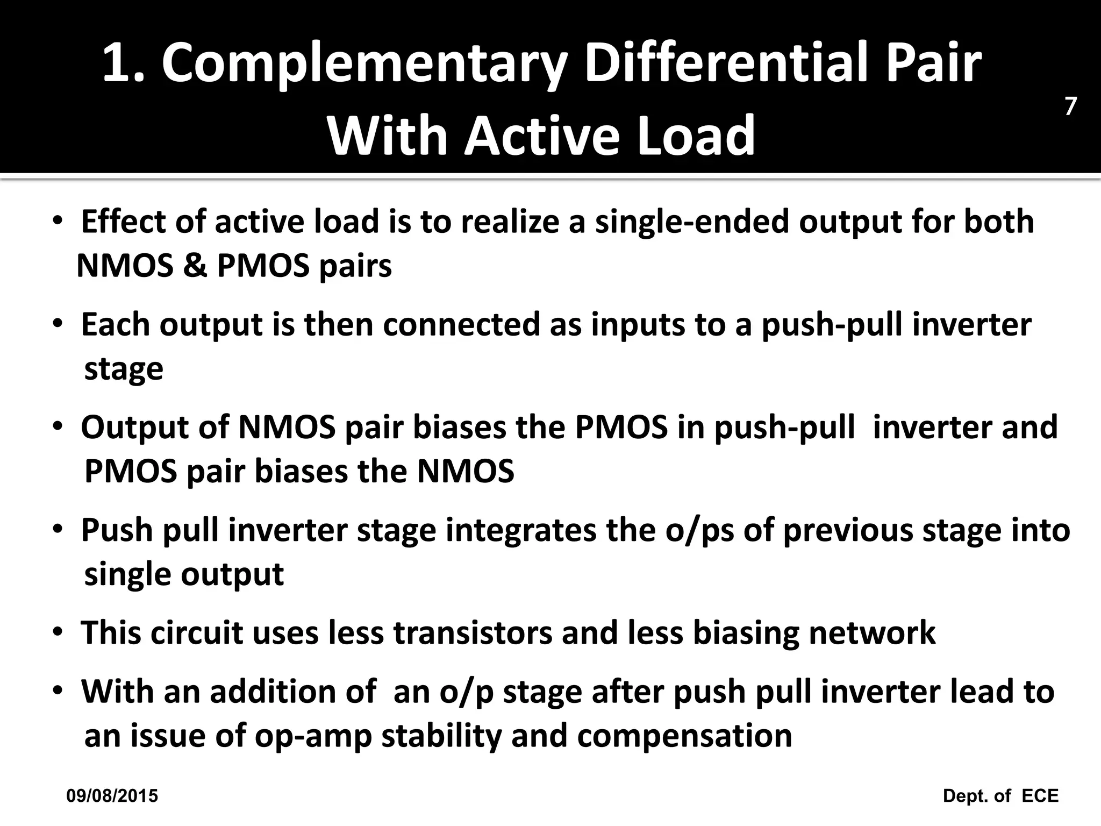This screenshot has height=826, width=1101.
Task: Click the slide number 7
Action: (x=1070, y=107)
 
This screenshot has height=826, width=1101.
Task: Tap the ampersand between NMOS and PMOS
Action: (x=195, y=266)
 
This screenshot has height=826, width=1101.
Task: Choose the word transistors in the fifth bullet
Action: (x=473, y=633)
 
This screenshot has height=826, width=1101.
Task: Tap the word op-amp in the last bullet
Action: (x=313, y=737)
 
